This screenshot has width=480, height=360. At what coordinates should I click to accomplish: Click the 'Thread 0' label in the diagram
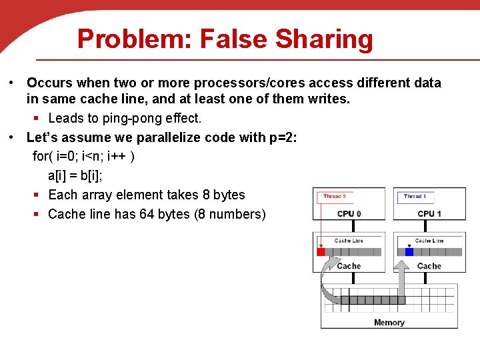(334, 197)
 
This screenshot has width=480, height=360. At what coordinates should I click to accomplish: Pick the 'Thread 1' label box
(415, 197)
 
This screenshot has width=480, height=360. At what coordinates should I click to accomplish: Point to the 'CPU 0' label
(349, 213)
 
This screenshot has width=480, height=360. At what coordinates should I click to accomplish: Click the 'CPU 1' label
(429, 213)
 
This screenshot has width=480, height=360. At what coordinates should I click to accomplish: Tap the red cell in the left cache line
(321, 252)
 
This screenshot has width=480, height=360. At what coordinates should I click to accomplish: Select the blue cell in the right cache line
(409, 252)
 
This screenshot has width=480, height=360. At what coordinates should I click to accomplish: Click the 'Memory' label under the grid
(389, 323)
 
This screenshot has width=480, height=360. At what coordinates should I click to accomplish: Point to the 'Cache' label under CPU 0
(349, 266)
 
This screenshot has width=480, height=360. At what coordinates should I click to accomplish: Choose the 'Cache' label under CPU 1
(429, 266)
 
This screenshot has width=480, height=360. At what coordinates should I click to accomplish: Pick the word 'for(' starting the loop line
(43, 157)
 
